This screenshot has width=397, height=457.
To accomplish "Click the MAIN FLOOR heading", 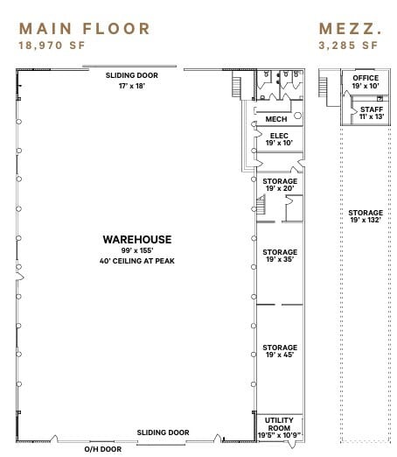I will coord(84,28).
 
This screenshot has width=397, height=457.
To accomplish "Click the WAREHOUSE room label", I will coord(137,239).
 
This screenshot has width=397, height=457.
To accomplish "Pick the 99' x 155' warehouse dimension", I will coord(137,250).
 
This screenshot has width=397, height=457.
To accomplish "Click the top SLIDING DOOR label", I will coord(132,76).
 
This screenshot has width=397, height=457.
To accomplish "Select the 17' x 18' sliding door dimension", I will coord(132,85).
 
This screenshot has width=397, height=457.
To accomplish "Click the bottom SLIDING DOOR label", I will coord(163,432).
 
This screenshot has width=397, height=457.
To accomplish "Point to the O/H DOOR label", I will coord(102,449).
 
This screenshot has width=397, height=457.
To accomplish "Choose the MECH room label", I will coord(276,119).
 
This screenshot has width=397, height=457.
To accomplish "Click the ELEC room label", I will coord(279,135).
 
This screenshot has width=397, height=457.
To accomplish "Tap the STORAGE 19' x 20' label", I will coord(280,181).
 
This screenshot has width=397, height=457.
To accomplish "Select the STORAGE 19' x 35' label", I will coord(280,252).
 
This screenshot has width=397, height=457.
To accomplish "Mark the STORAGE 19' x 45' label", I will coord(280,348).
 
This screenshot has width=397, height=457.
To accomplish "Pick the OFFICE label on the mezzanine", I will coord(366,79).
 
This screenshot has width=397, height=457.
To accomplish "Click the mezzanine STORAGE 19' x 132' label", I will coord(366,213).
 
